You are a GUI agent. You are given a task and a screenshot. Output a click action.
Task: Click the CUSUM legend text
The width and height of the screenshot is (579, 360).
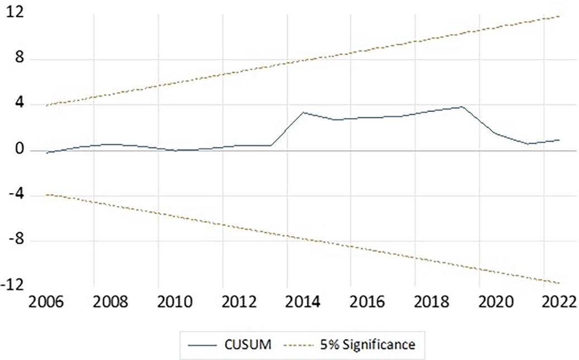coord(250,345)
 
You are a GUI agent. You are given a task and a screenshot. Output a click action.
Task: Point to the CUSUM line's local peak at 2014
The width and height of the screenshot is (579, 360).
coord(303,112)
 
